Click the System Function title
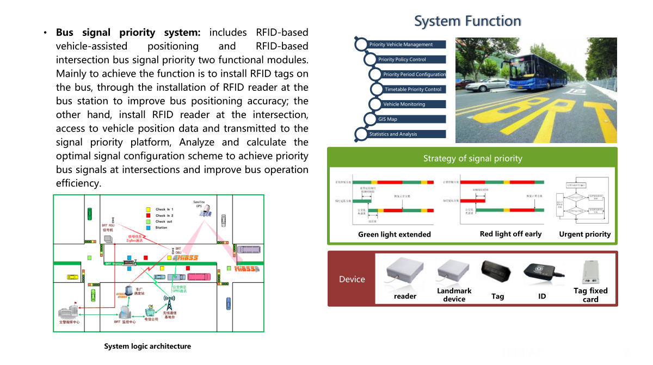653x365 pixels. [x=467, y=21]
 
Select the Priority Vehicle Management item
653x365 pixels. [x=401, y=45]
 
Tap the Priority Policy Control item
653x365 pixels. [x=402, y=59]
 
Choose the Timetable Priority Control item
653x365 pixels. [x=413, y=89]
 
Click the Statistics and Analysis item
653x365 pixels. [x=393, y=134]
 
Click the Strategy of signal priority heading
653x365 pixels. [x=472, y=158]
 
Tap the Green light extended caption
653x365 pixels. [x=394, y=234]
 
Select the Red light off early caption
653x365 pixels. [x=510, y=234]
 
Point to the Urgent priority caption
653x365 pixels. [x=584, y=234]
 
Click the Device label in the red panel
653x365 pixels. [x=352, y=279]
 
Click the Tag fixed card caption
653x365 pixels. [x=590, y=295]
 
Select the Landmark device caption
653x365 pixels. [x=454, y=295]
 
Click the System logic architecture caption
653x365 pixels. [x=147, y=346]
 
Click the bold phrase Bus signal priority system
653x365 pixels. [x=128, y=33]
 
